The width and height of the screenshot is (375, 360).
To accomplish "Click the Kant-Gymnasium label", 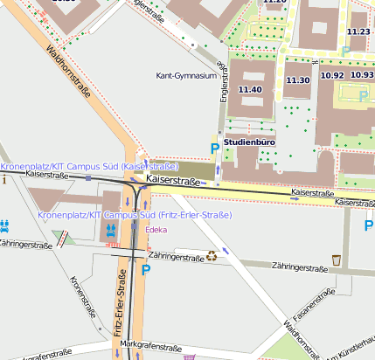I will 185,76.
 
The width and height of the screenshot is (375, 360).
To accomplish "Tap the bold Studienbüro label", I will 250,141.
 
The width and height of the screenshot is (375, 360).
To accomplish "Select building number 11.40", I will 250,89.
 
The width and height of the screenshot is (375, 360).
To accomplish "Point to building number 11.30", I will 298,80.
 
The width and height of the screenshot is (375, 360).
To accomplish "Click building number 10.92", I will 332,75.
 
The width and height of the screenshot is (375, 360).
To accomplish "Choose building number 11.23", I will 358,31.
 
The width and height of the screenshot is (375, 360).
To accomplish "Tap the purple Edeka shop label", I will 156,231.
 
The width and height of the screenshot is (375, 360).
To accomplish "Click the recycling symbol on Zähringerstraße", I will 211,256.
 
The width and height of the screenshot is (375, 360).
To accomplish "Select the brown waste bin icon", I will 337,260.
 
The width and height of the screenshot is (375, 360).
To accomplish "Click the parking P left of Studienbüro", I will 215,149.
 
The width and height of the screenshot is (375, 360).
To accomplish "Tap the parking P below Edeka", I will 146,271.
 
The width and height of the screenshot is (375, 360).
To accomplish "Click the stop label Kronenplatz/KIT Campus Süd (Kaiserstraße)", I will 89,165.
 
